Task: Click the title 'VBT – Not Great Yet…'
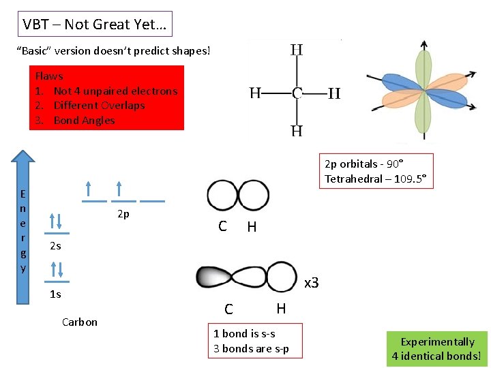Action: (95, 25)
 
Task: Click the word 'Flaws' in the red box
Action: (49, 76)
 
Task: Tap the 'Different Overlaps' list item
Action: (99, 106)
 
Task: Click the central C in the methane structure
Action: (297, 93)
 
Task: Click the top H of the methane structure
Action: (297, 50)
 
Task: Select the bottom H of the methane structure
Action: (297, 131)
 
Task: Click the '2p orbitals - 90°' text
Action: (363, 164)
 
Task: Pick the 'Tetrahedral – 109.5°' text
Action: (375, 179)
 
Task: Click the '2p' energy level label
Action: (123, 214)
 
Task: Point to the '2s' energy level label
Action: (55, 246)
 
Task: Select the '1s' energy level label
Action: (55, 294)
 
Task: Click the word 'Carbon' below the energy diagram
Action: (79, 322)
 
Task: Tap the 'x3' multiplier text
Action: (312, 282)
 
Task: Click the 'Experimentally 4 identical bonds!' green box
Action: (436, 349)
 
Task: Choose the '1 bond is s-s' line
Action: (244, 334)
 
